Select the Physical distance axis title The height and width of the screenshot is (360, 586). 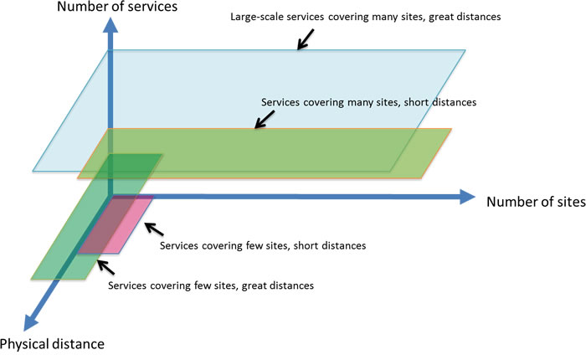click(x=52, y=343)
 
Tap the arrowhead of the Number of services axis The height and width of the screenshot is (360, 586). click(x=107, y=26)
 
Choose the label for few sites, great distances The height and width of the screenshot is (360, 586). click(x=211, y=285)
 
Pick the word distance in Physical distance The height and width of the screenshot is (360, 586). click(x=78, y=343)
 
